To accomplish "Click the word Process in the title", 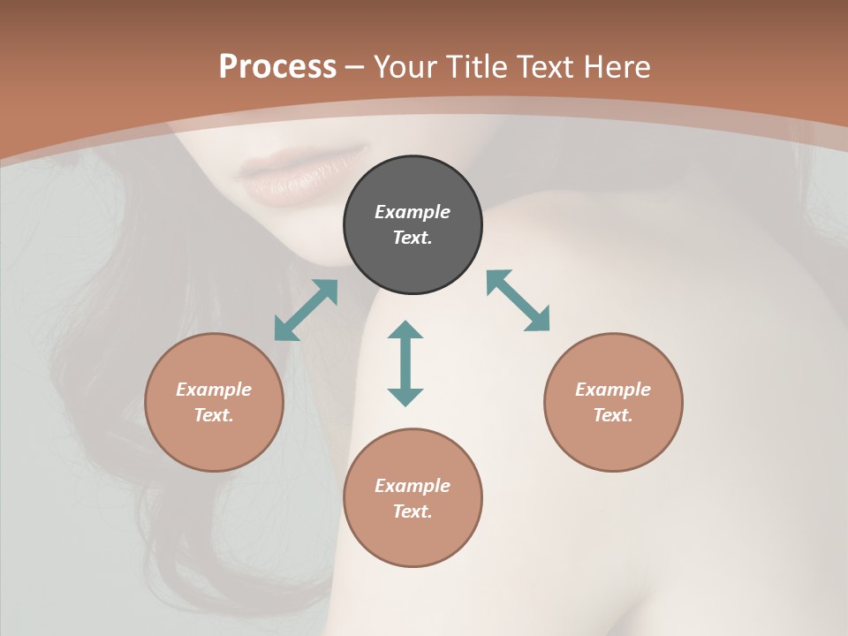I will (x=277, y=67).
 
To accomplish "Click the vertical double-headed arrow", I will (x=405, y=363).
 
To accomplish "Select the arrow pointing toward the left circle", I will (x=306, y=310).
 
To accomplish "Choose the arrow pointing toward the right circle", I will (x=519, y=300).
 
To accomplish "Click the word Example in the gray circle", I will (x=413, y=212).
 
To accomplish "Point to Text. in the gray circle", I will (x=413, y=238).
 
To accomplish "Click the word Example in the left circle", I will (x=214, y=390).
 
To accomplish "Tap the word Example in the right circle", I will (x=613, y=390).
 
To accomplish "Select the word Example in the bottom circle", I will (x=413, y=486).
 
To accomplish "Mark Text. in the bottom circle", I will (x=413, y=511).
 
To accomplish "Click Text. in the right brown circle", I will (x=613, y=415).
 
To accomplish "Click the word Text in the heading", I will (x=542, y=67).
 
